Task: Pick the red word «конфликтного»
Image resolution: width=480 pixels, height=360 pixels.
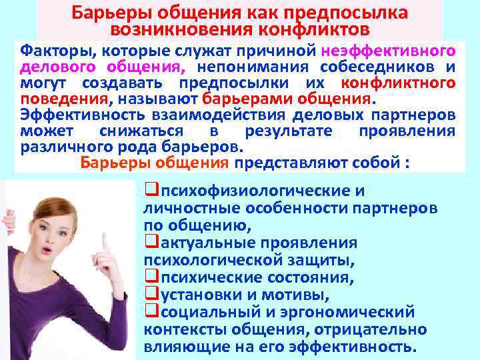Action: click(x=399, y=83)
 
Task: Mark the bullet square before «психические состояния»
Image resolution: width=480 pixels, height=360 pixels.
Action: click(x=149, y=277)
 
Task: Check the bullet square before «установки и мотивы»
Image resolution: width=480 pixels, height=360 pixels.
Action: click(x=149, y=294)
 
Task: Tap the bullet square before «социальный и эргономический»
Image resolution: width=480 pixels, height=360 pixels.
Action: click(x=149, y=311)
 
